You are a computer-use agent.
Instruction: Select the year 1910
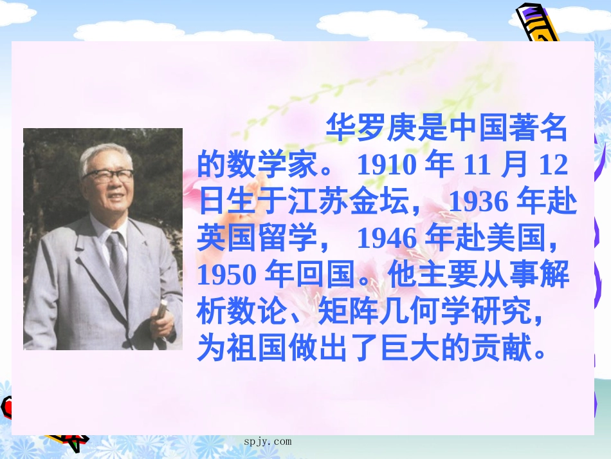(384, 166)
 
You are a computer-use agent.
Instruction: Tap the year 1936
(477, 202)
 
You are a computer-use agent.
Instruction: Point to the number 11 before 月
(477, 166)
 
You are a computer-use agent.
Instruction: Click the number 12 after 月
(553, 166)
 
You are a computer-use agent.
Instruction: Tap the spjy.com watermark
(268, 442)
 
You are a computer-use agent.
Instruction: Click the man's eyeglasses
(109, 174)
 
